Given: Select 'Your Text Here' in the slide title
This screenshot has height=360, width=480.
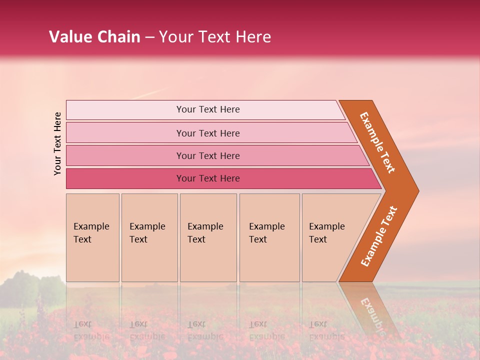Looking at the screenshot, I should tap(215, 37).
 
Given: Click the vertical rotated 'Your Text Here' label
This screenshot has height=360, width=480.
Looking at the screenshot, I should tap(57, 143).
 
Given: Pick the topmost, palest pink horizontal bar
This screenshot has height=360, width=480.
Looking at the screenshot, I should tap(207, 109).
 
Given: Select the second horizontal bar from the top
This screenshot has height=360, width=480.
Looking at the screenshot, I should tap(207, 133).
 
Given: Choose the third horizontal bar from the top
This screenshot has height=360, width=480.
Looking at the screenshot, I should tap(207, 155).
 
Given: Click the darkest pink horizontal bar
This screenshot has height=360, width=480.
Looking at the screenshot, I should tap(207, 178).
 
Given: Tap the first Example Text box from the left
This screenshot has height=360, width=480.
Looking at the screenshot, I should tap(92, 237).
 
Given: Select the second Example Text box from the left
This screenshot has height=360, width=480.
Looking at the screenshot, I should tap(149, 237).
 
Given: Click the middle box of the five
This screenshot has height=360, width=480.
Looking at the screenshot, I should tap(208, 237).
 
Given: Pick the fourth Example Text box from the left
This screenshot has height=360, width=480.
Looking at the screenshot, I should tap(269, 237).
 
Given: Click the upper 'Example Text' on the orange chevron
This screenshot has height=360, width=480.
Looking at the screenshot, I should tap(377, 142).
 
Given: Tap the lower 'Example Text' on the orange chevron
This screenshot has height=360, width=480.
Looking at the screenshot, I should tap(378, 236).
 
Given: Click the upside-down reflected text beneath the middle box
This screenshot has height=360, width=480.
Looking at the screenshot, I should tap(205, 330).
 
